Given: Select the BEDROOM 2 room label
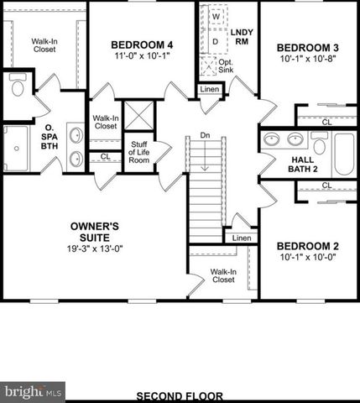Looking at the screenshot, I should click(307, 245).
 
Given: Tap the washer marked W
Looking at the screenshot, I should click(215, 17).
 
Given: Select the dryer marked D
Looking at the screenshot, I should click(215, 39).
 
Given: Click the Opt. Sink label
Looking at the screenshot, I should click(226, 67).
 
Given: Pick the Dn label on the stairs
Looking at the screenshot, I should click(204, 135).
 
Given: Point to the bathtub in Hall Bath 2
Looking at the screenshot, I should click(343, 154).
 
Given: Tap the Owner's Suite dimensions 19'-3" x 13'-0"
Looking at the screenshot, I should click(94, 249).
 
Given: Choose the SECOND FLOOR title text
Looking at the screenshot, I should click(179, 395).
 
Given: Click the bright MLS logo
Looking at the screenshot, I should click(32, 391).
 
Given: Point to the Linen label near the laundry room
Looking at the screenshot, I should click(209, 90).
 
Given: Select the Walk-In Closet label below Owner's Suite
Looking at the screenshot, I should click(222, 276).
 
